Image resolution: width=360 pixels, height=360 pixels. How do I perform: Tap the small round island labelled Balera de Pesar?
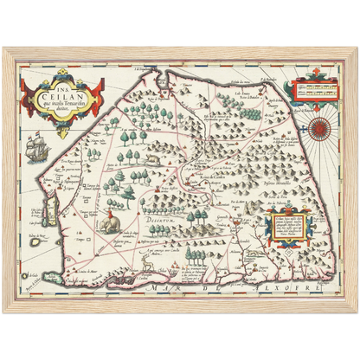35,244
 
